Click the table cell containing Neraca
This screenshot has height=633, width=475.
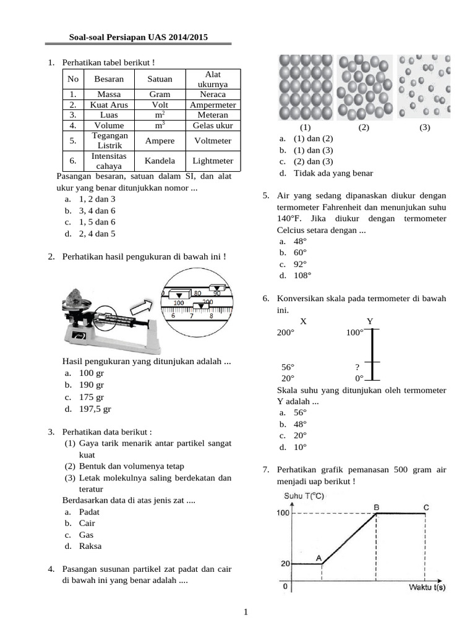click(212, 95)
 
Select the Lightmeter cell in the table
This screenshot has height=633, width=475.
click(212, 161)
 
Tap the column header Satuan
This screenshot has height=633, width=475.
click(160, 79)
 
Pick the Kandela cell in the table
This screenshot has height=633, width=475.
click(160, 161)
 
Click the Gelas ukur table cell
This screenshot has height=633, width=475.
click(212, 125)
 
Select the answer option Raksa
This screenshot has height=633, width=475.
click(90, 546)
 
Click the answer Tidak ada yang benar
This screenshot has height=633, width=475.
click(333, 173)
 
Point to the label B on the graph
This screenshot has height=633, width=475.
click(377, 507)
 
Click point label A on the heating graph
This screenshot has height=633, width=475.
click(319, 558)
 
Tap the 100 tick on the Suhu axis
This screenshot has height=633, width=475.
click(283, 513)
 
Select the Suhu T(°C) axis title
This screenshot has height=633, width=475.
click(304, 496)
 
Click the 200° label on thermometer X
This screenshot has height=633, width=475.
click(285, 333)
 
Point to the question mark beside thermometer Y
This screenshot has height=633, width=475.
click(357, 367)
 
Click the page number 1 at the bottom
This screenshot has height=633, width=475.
click(246, 612)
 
